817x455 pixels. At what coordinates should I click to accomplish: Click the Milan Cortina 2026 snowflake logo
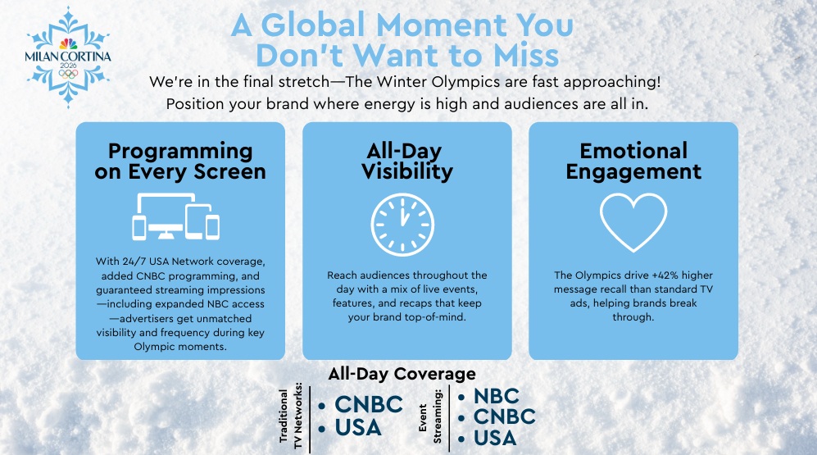click(68, 57)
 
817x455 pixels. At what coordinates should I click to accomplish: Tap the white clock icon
click(402, 225)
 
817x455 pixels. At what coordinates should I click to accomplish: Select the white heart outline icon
click(633, 222)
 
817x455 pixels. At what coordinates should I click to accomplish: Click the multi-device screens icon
click(175, 216)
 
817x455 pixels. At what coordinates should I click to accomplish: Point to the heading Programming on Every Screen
click(180, 161)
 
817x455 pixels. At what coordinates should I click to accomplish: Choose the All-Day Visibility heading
click(407, 161)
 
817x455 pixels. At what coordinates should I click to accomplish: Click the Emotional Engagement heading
click(633, 161)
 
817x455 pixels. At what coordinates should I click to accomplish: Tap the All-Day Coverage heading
click(402, 373)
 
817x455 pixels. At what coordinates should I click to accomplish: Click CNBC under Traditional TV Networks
click(369, 404)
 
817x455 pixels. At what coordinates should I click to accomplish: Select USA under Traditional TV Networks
click(358, 427)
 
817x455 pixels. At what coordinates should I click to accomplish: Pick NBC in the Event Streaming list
click(496, 396)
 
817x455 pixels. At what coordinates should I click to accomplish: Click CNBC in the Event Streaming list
click(504, 416)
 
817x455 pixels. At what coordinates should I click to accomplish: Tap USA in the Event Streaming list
click(494, 438)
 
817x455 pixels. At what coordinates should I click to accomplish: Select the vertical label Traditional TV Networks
click(291, 416)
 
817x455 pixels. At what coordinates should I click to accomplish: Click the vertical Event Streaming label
click(430, 416)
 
